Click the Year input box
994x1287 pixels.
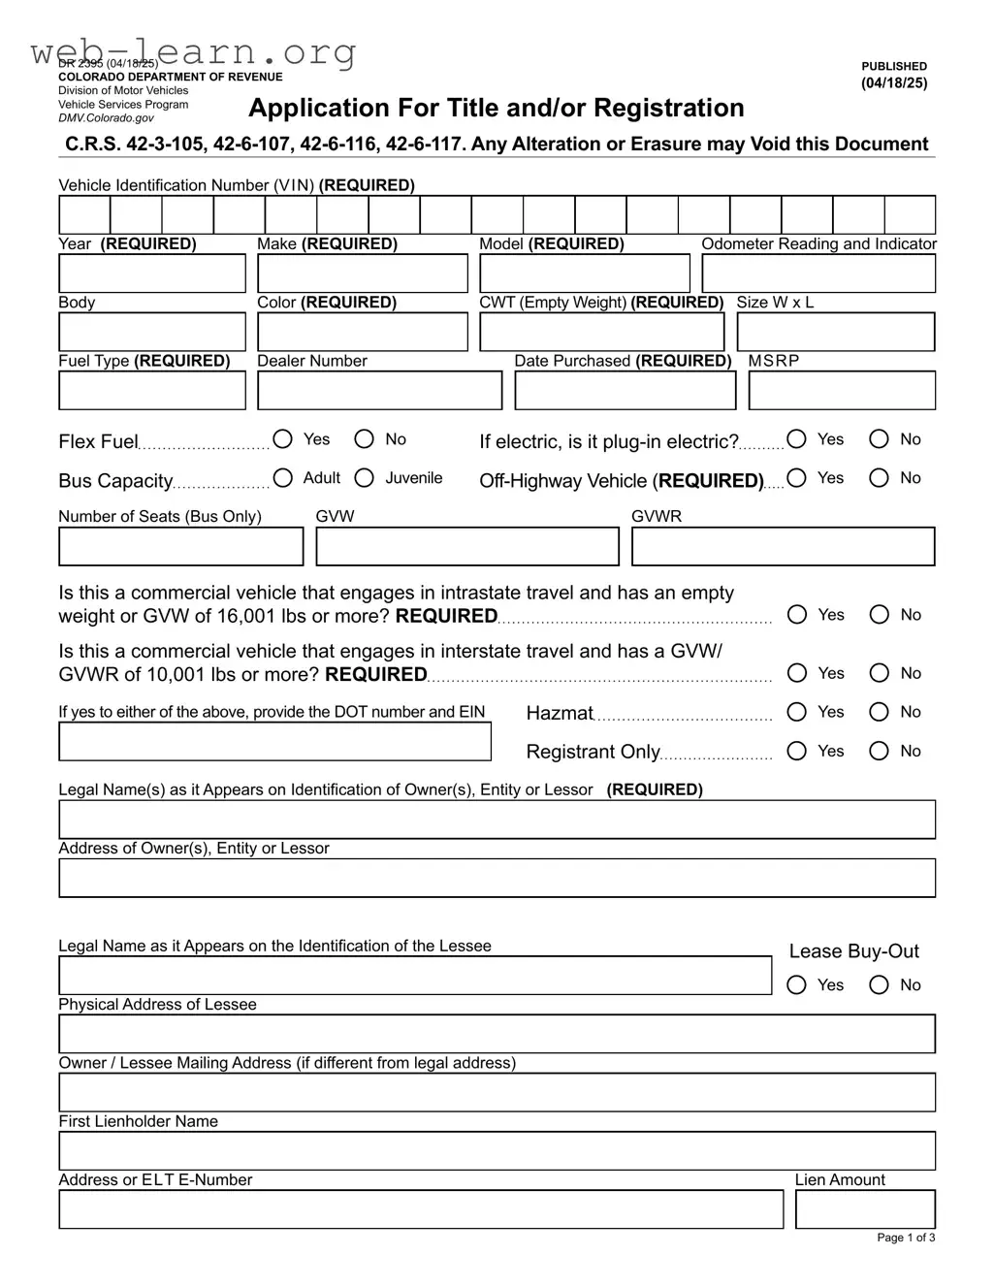coord(152,273)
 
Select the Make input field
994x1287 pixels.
coord(362,273)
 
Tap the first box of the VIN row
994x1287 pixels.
coord(84,214)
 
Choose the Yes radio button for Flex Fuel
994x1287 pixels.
coord(283,439)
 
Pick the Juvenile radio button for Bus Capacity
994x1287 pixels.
coord(365,477)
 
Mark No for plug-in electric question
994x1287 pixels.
coord(880,439)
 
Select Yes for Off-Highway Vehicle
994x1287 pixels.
coord(797,477)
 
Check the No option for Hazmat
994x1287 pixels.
coord(880,712)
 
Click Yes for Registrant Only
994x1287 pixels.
coord(797,751)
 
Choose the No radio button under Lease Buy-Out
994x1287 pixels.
coord(880,984)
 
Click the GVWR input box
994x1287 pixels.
coord(783,546)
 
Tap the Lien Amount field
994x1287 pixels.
coord(865,1209)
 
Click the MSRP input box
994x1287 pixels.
coord(842,391)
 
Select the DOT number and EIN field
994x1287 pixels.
coord(274,742)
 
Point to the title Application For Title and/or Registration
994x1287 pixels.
coord(497,108)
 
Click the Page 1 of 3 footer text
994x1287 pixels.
coord(906,1238)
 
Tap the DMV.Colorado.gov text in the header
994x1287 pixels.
coord(106,118)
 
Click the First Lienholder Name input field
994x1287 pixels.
coord(497,1151)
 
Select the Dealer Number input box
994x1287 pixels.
coord(379,391)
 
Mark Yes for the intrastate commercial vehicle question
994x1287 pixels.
coord(797,614)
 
